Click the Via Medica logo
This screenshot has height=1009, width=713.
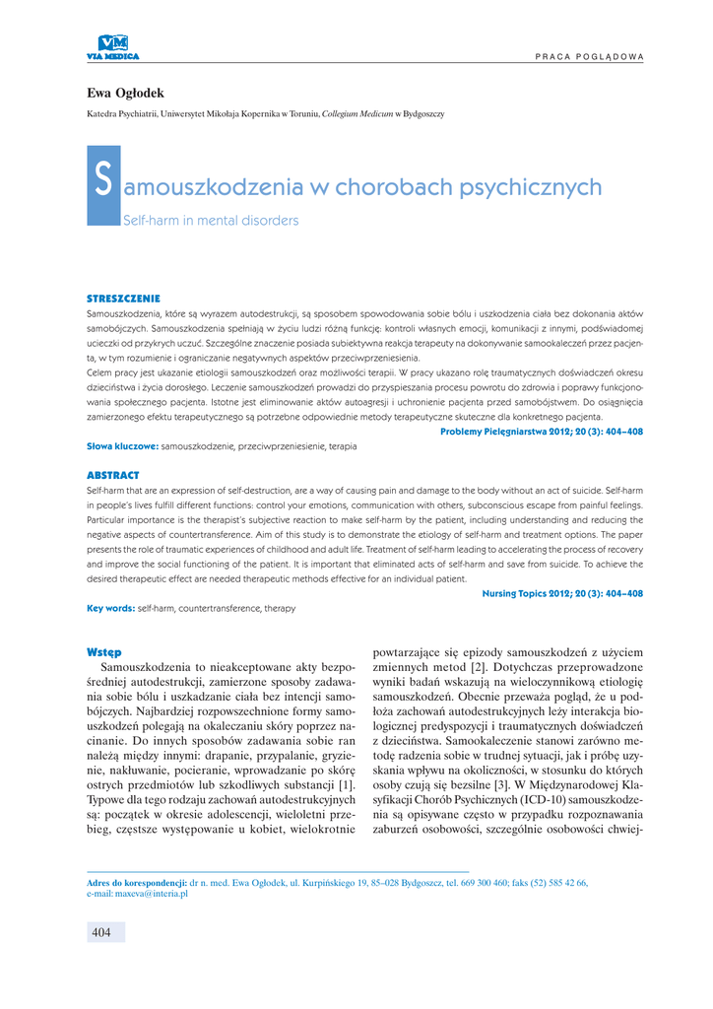113,46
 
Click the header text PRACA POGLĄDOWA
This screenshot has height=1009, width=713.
590,56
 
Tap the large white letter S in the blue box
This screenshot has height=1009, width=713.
103,184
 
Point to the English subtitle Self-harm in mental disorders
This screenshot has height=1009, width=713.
210,221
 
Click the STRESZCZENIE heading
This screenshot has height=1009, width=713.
124,298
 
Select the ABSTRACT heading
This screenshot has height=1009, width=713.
113,475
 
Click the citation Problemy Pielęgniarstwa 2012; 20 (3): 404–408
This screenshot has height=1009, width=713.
542,432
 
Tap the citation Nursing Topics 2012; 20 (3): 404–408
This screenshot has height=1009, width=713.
562,593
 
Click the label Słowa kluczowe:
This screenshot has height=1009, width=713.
123,446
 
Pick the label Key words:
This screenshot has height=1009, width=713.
111,608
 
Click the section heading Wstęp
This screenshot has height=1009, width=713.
104,651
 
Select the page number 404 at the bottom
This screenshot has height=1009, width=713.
101,932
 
